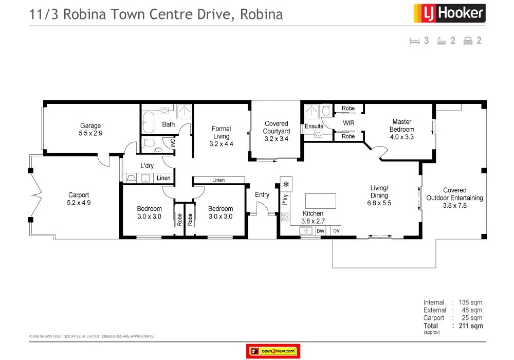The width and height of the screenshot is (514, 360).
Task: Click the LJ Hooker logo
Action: pos(449,13)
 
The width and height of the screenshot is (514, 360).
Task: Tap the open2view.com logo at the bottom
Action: pos(273,351)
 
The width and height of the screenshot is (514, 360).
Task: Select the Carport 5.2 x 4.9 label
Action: pos(79,199)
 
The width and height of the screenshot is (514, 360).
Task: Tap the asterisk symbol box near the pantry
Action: pos(286,185)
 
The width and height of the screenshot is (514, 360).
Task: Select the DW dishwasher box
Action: pos(320,231)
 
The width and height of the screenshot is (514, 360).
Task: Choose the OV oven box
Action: pos(337,231)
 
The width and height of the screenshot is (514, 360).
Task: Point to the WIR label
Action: pos(349,123)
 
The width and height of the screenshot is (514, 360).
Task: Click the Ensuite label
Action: pos(314,127)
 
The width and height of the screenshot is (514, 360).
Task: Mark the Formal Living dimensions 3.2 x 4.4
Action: pos(222,144)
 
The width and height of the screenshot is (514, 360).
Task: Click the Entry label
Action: pos(262,195)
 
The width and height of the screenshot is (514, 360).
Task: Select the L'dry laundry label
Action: pos(147,166)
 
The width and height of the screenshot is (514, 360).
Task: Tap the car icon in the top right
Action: pos(468,41)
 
